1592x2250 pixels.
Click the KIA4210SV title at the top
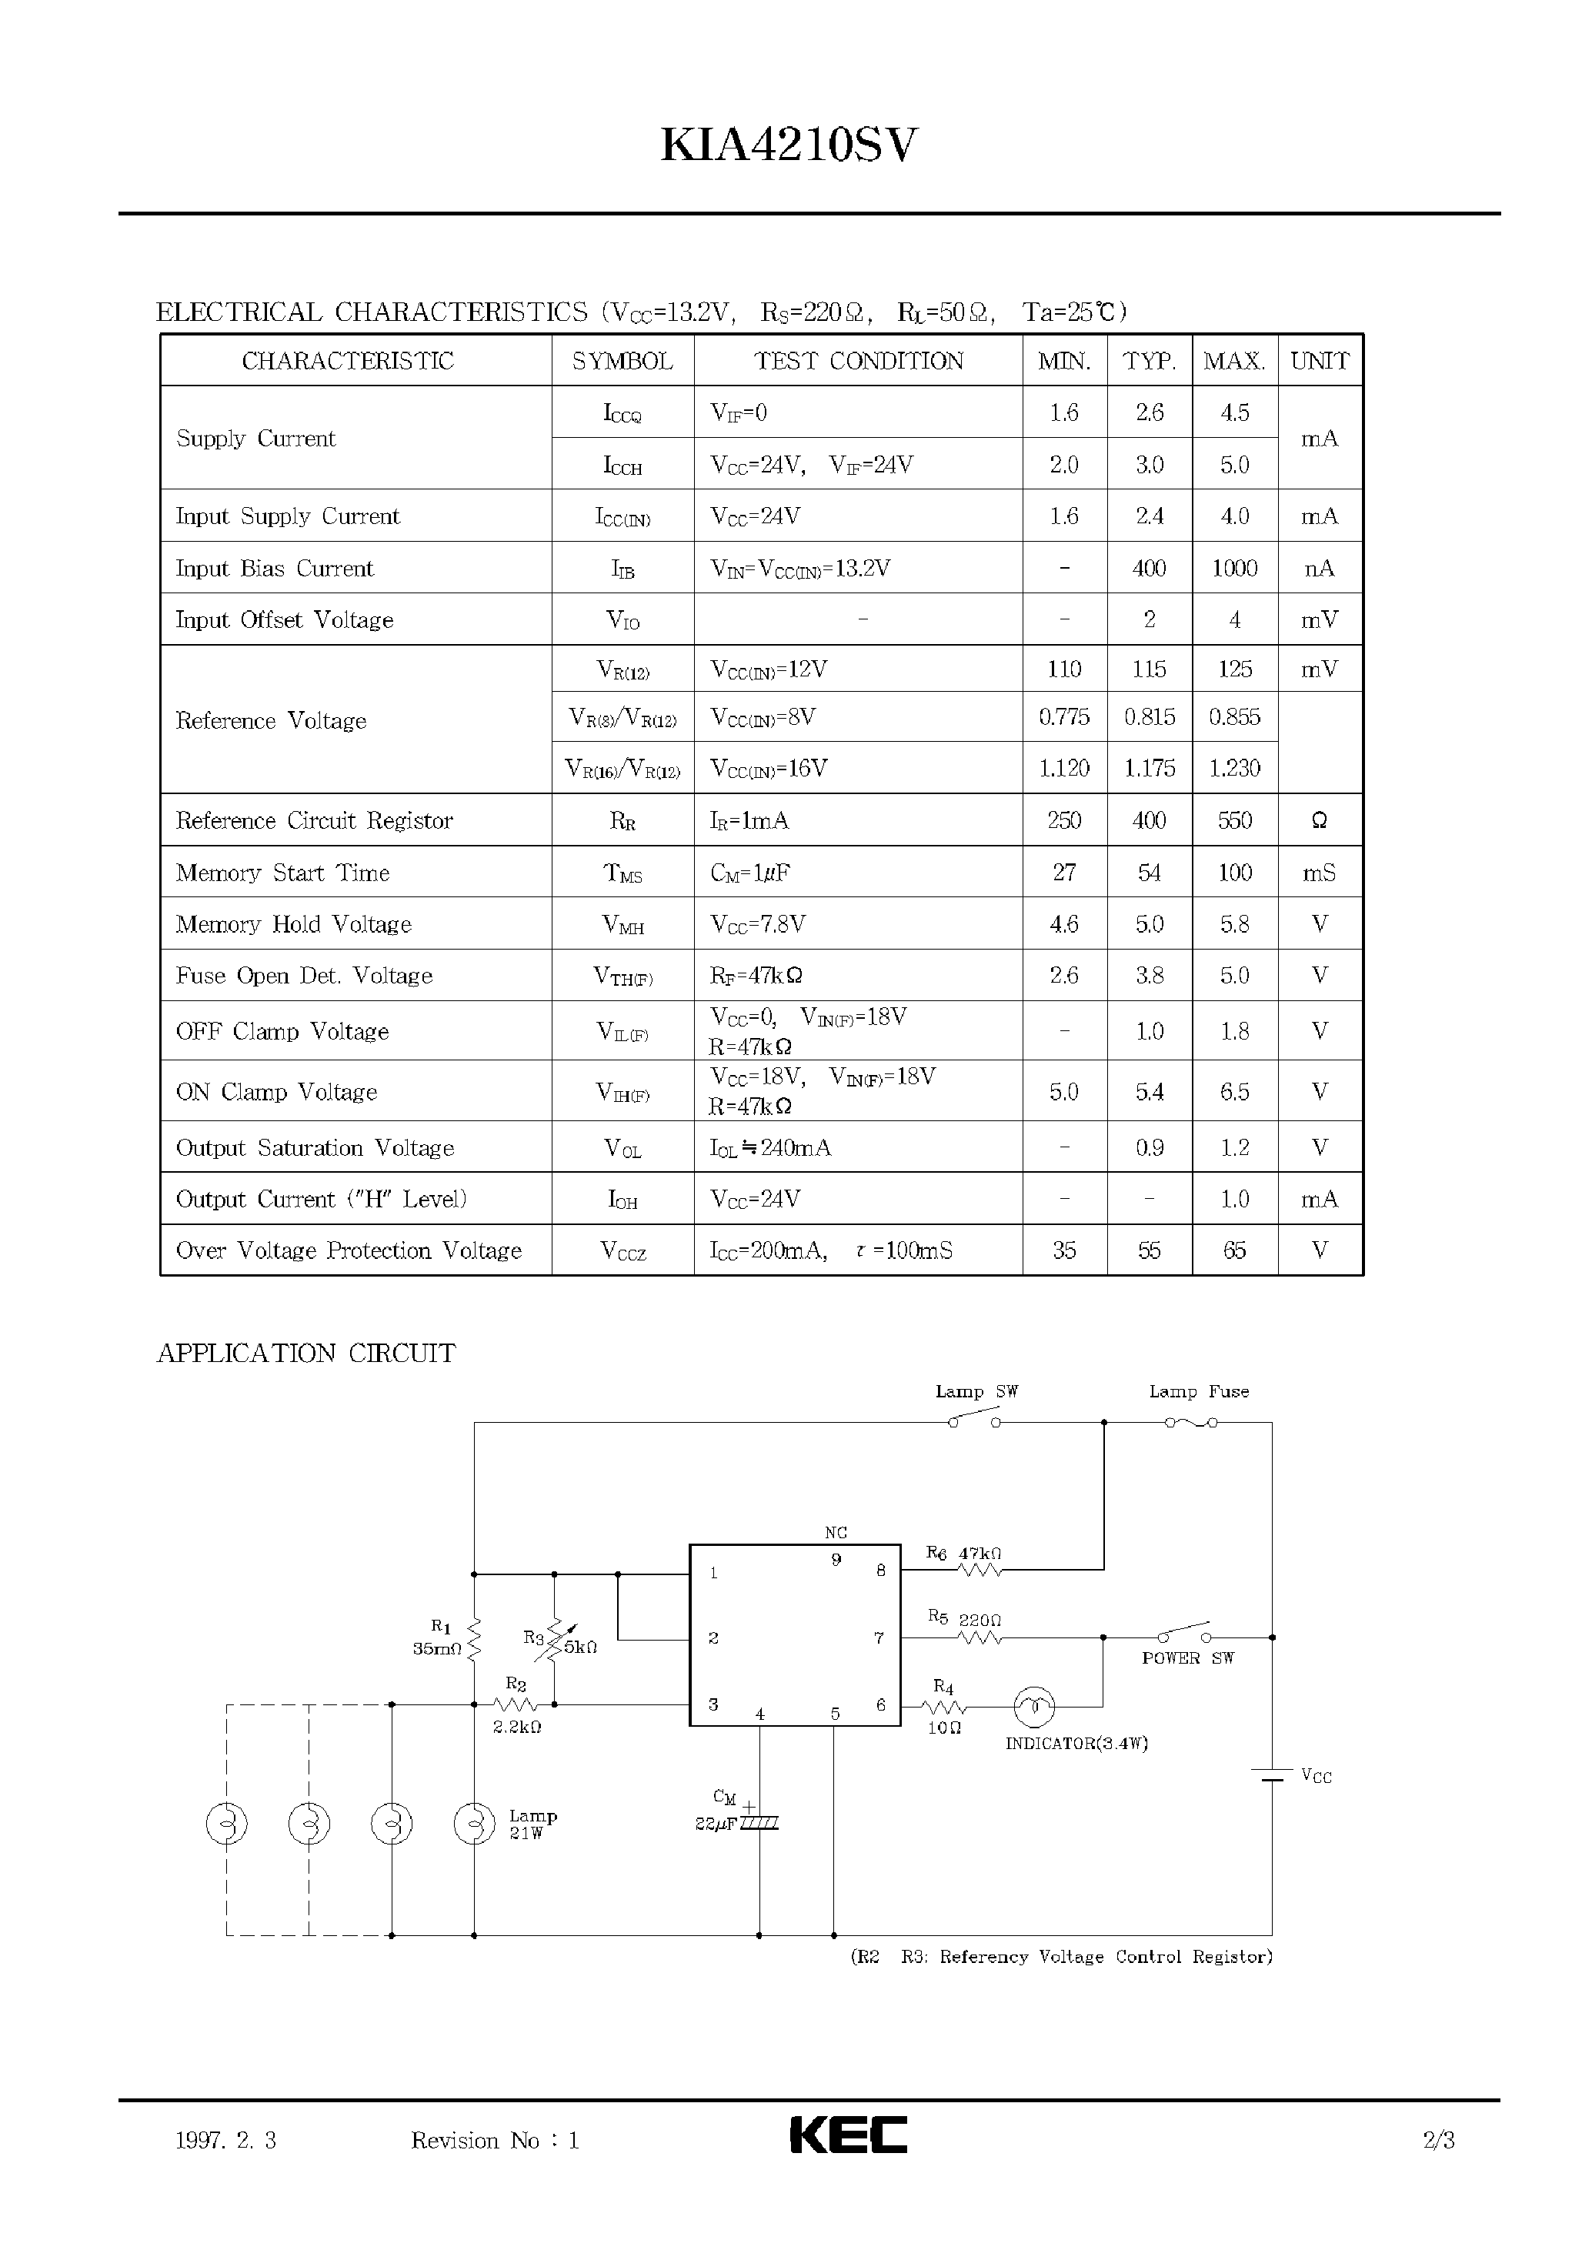[789, 146]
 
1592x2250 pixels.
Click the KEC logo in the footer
[848, 2135]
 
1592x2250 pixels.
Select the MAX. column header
[1234, 361]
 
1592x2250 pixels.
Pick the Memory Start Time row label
[282, 873]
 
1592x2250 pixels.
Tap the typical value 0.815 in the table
[1149, 716]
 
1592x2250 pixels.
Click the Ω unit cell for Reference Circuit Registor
[1319, 820]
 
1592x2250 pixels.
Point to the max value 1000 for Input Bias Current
[1234, 569]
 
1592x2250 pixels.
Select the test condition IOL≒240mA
[770, 1147]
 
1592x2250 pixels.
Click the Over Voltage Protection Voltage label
[348, 1250]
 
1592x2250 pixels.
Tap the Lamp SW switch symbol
[973, 1420]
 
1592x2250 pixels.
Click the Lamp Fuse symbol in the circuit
[1191, 1421]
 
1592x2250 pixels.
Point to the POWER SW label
[1187, 1657]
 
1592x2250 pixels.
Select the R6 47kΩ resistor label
[965, 1553]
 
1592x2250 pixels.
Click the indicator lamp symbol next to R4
[1033, 1708]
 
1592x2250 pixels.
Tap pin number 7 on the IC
[879, 1637]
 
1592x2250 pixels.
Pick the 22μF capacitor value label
[716, 1824]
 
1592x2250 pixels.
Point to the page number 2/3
[1438, 2140]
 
